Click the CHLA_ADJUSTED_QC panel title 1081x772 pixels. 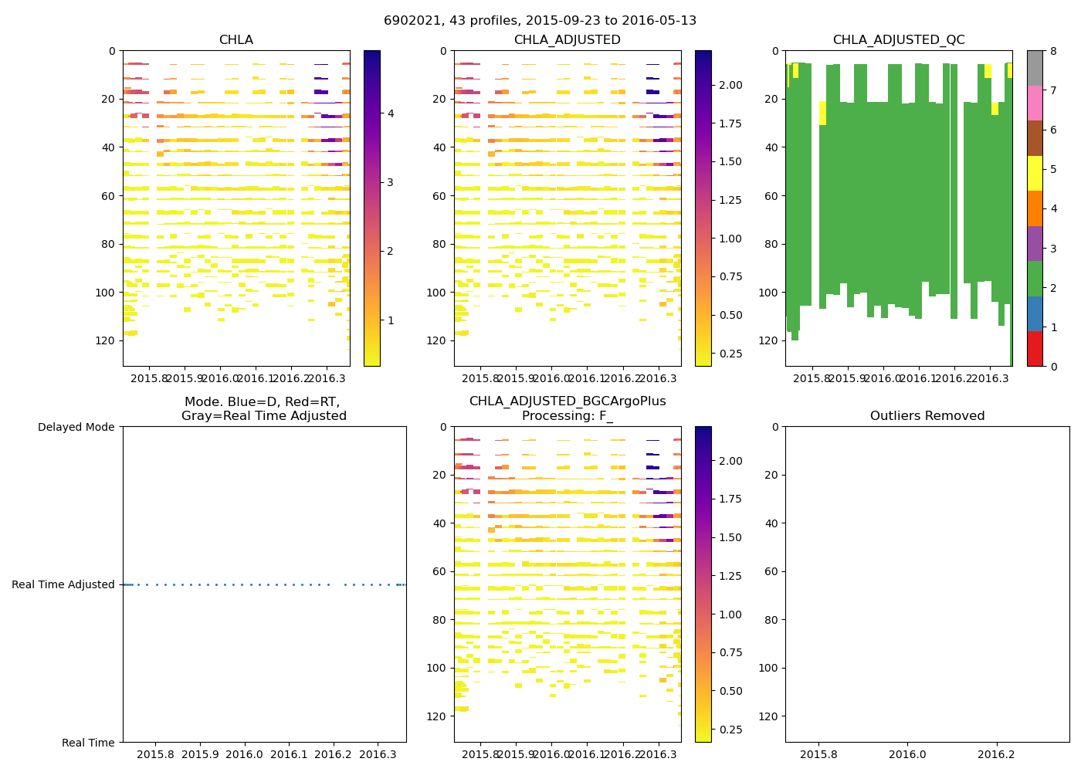pyautogui.click(x=898, y=40)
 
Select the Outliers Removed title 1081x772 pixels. pyautogui.click(x=927, y=416)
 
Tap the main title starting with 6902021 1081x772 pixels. pyautogui.click(x=540, y=21)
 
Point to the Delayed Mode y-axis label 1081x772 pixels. pyautogui.click(x=76, y=427)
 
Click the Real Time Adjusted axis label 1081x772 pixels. pyautogui.click(x=63, y=585)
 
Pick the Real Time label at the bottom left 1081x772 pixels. pyautogui.click(x=88, y=743)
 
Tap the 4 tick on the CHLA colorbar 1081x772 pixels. pyautogui.click(x=391, y=113)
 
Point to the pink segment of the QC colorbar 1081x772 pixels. pyautogui.click(x=1035, y=103)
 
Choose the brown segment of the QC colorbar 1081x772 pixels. pyautogui.click(x=1035, y=138)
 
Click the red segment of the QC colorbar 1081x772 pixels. pyautogui.click(x=1035, y=348)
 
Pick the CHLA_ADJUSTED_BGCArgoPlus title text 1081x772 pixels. pyautogui.click(x=567, y=401)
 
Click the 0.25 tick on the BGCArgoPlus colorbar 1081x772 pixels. pyautogui.click(x=731, y=730)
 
